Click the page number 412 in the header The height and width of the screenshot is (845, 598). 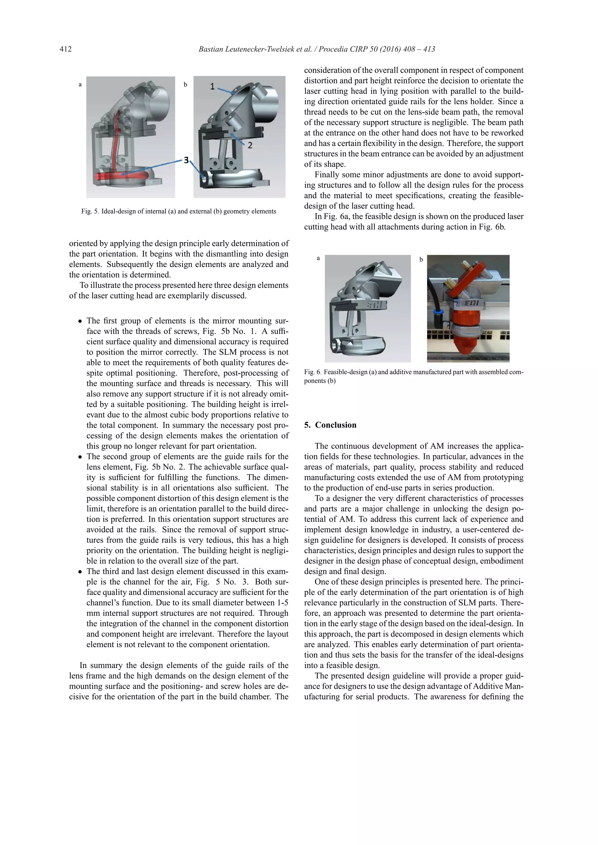[65, 49]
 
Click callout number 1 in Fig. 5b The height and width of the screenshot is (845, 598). [213, 86]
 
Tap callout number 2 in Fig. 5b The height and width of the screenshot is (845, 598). [250, 145]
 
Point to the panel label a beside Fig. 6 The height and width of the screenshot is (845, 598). [318, 258]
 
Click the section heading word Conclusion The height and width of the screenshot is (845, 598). [335, 425]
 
